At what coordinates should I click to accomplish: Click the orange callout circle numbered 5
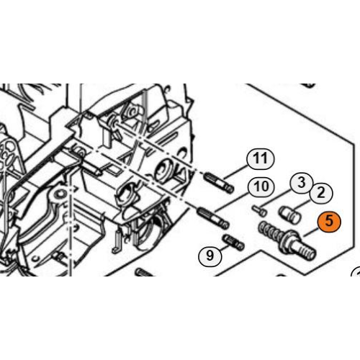click(x=329, y=221)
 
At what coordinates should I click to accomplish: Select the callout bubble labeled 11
click(x=260, y=159)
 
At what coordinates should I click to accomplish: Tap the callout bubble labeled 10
click(x=261, y=186)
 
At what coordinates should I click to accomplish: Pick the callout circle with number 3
click(x=301, y=183)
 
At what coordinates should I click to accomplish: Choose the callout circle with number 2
click(x=321, y=192)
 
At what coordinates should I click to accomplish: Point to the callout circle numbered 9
click(x=210, y=255)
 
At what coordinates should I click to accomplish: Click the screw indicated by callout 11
click(x=218, y=183)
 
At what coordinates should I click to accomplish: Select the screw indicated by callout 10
click(x=212, y=218)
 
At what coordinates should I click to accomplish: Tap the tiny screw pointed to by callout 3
click(x=259, y=210)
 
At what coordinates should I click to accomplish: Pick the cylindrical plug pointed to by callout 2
click(x=289, y=214)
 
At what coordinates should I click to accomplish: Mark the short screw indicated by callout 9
click(x=234, y=243)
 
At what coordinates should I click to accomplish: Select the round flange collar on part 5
click(x=287, y=241)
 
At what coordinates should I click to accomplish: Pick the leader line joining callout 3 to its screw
click(x=276, y=198)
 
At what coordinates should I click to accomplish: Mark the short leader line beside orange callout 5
click(x=312, y=232)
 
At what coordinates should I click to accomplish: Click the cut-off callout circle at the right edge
click(x=356, y=272)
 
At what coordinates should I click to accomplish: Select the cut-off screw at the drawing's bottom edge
click(x=145, y=272)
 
